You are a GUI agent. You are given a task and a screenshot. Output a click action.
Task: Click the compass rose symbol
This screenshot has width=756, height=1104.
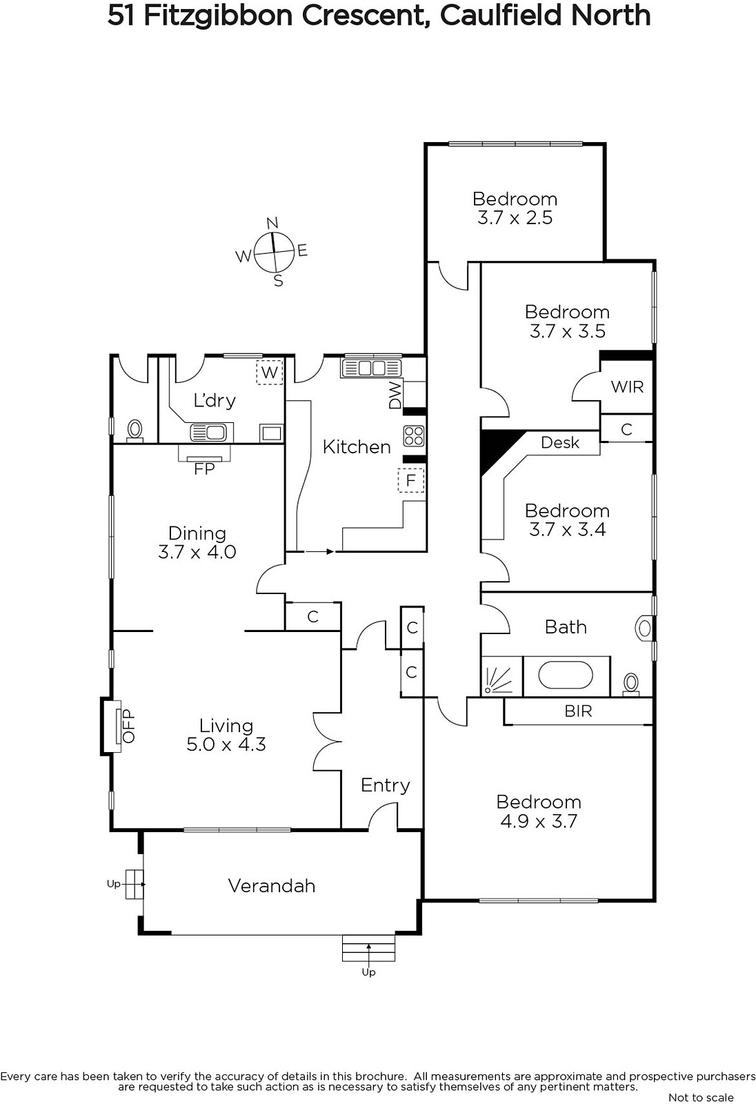(274, 252)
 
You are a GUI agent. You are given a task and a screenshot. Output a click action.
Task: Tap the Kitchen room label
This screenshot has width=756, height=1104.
(357, 447)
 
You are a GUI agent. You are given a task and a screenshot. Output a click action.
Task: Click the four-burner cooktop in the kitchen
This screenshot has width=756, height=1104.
(413, 435)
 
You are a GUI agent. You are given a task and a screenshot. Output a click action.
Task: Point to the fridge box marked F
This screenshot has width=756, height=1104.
(411, 480)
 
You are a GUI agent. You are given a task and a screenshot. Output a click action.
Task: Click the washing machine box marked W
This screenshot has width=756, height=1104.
(269, 372)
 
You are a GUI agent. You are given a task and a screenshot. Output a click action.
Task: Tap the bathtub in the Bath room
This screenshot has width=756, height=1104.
(565, 676)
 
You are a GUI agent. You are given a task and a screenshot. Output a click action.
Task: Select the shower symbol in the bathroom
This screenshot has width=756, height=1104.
(501, 676)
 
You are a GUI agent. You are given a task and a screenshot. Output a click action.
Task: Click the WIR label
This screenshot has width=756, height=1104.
(627, 387)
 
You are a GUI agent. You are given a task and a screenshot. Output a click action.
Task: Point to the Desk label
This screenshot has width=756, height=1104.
(560, 442)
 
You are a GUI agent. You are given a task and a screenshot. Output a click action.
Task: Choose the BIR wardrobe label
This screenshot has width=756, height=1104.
(578, 711)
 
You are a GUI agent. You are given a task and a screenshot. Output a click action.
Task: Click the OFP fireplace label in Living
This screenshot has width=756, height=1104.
(128, 726)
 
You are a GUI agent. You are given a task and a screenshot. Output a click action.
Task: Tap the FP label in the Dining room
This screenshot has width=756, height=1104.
(204, 469)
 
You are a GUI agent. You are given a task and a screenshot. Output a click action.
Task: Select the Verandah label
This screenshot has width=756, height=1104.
(272, 886)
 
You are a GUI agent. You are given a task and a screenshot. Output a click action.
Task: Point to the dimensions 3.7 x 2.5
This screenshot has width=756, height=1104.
(515, 218)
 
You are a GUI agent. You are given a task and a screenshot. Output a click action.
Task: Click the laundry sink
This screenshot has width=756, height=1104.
(208, 433)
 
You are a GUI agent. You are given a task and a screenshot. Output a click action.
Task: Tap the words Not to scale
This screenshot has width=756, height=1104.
(701, 1098)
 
